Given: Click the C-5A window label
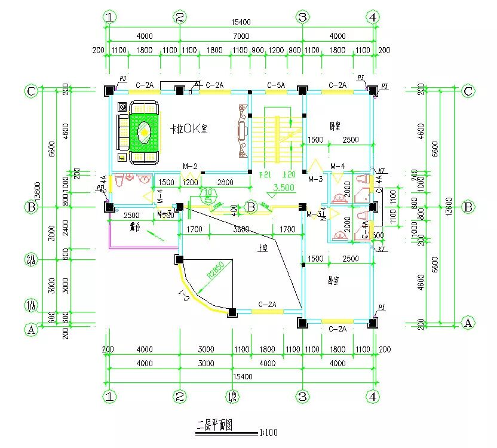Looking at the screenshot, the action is pos(276,85).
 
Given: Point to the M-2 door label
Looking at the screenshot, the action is pos(190,166).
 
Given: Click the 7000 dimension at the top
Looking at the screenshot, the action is pos(241,36).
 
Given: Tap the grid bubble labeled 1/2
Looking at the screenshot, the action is pos(233,396).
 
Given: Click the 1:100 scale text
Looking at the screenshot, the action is pos(268,432).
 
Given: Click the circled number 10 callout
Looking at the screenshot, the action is pos(208,194).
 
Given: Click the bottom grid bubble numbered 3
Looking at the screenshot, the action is pos(302,396).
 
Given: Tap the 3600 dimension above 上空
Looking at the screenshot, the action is pos(241,229).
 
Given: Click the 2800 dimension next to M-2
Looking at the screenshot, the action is pos(225,182).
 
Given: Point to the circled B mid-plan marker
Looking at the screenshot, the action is pos(251,207).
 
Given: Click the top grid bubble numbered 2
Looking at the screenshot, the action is pos(180,17).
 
